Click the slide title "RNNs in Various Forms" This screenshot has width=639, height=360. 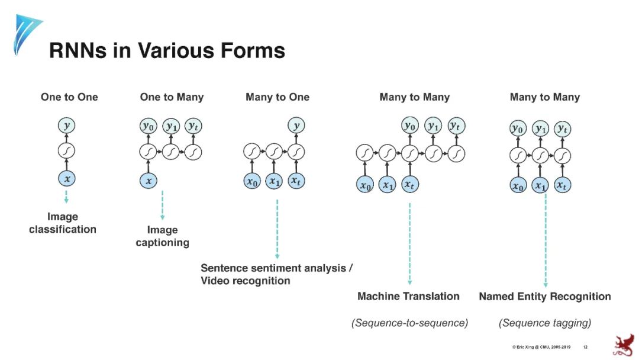[x=167, y=50]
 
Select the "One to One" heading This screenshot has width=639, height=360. [x=69, y=97]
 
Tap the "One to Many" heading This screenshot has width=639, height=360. [x=172, y=97]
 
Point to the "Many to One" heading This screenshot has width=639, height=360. [x=277, y=97]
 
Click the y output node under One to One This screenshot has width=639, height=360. [x=66, y=126]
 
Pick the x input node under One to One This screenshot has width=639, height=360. [x=66, y=178]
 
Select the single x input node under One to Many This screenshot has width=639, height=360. [x=149, y=181]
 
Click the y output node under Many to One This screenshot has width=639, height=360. [x=296, y=126]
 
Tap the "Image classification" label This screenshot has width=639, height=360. [x=63, y=223]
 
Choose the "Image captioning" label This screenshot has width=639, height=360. [x=162, y=236]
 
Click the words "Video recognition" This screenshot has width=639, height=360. [x=246, y=281]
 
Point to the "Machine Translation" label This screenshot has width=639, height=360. [x=408, y=296]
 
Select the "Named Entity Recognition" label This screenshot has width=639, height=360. [x=545, y=296]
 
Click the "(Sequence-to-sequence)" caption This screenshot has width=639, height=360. [x=409, y=323]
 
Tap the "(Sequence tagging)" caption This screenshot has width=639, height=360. [x=545, y=323]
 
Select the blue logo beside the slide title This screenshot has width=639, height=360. [x=27, y=34]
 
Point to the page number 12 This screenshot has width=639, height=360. [x=585, y=346]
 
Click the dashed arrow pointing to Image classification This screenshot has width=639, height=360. [x=66, y=197]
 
